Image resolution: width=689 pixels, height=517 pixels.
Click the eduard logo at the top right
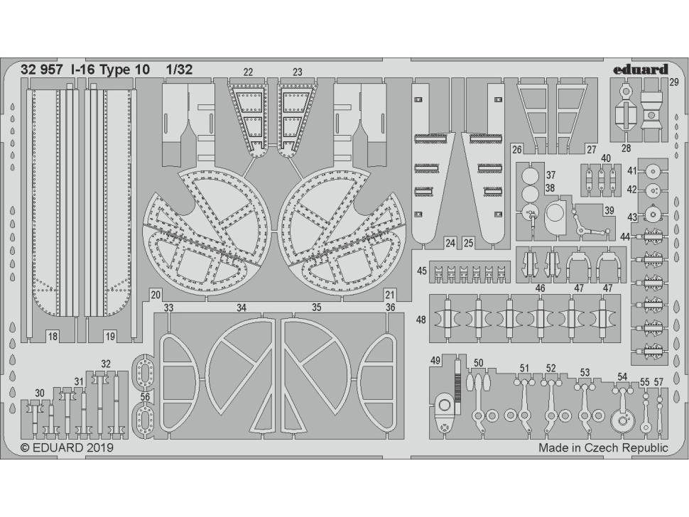pyautogui.click(x=639, y=70)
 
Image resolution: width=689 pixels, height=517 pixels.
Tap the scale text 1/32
pyautogui.click(x=178, y=70)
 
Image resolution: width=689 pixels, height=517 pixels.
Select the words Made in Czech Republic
pyautogui.click(x=603, y=448)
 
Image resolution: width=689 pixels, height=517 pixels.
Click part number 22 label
pyautogui.click(x=248, y=72)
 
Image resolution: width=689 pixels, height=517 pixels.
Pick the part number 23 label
pyautogui.click(x=297, y=72)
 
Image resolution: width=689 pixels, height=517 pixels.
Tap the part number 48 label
pyautogui.click(x=422, y=320)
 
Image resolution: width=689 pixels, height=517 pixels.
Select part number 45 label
pyautogui.click(x=422, y=270)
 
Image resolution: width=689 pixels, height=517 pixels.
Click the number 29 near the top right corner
pyautogui.click(x=673, y=83)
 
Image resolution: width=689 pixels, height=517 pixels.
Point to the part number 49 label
pyautogui.click(x=435, y=360)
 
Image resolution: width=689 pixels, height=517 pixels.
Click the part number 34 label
pyautogui.click(x=242, y=308)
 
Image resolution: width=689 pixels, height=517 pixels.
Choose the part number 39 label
pyautogui.click(x=609, y=211)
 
